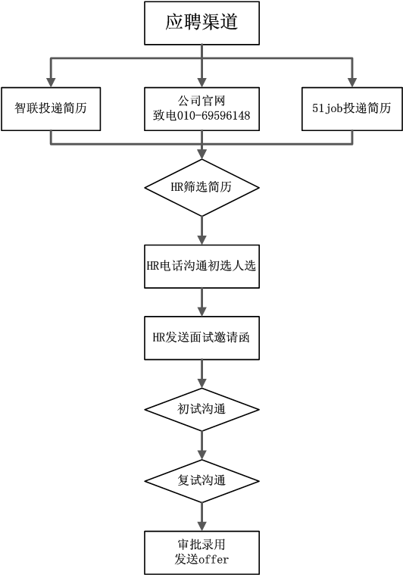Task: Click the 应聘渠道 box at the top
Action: point(202,23)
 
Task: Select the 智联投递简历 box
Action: point(51,108)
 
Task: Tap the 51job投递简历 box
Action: point(351,108)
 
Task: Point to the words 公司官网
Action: point(202,100)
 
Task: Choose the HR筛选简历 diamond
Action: point(202,187)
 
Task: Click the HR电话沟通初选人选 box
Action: point(202,266)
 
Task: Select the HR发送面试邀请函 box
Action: point(202,337)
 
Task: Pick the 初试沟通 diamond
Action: point(202,408)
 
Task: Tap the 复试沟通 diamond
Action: point(202,480)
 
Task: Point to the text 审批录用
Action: point(202,545)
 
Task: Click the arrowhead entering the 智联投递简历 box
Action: point(51,82)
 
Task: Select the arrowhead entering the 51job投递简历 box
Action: point(351,82)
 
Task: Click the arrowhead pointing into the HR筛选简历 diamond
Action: point(202,154)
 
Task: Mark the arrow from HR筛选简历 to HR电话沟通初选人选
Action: point(202,230)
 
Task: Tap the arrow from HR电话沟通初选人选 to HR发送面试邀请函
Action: point(202,302)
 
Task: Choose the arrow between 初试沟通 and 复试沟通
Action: point(202,445)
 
